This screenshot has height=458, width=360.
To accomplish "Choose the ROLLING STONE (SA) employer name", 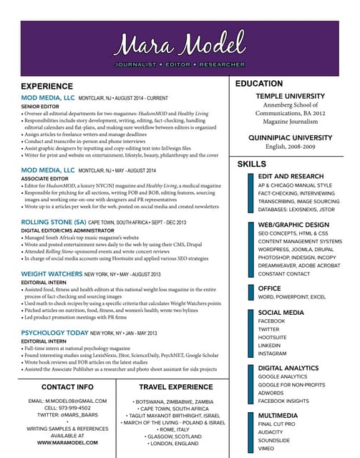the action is pyautogui.click(x=54, y=223).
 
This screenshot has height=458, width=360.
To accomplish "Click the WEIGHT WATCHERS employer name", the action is pyautogui.click(x=52, y=274).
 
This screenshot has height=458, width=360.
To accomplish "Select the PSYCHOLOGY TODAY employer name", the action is pyautogui.click(x=54, y=333).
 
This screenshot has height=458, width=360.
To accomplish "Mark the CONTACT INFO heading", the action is pyautogui.click(x=67, y=386).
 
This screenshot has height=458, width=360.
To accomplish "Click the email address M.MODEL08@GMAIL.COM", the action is pyautogui.click(x=67, y=401).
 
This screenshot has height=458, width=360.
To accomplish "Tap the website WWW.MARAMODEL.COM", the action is pyautogui.click(x=67, y=443).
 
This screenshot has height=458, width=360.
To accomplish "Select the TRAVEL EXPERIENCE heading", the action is pyautogui.click(x=176, y=387).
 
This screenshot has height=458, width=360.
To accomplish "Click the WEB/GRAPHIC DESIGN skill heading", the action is pyautogui.click(x=293, y=225).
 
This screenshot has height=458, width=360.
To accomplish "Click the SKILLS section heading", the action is pyautogui.click(x=251, y=165).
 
